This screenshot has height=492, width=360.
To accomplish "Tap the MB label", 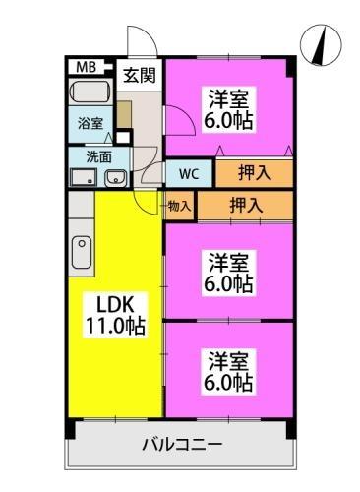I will click(88, 67).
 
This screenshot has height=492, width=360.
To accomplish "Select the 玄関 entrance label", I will click(138, 74).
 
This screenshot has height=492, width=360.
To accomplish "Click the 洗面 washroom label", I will click(96, 155).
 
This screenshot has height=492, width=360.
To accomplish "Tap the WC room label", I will click(189, 174).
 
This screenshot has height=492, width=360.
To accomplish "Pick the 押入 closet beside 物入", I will click(244, 206).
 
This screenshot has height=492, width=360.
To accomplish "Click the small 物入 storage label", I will click(179, 207).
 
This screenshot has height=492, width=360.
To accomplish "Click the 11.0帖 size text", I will click(112, 327).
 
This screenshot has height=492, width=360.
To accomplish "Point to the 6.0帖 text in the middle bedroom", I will click(229, 284).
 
